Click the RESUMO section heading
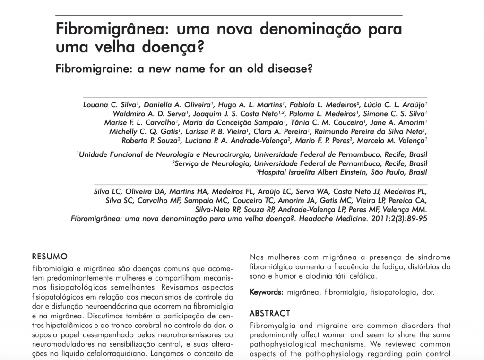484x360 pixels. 50,257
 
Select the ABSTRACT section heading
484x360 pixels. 270,313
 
